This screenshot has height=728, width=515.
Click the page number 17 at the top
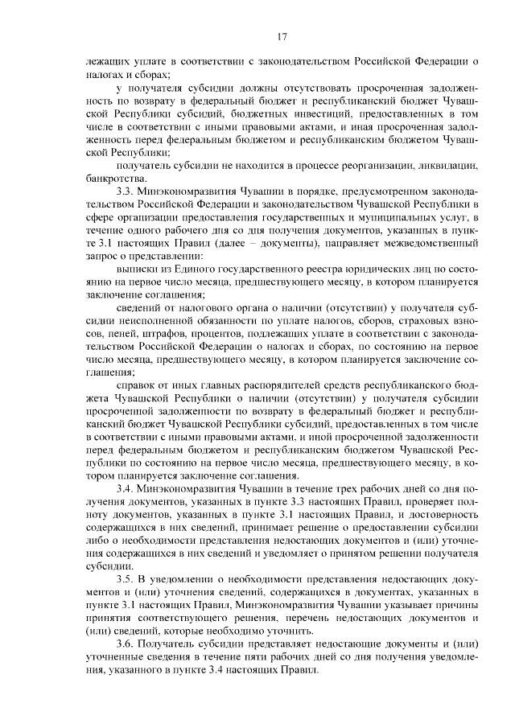pos(282,36)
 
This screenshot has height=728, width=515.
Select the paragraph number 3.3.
pos(125,191)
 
